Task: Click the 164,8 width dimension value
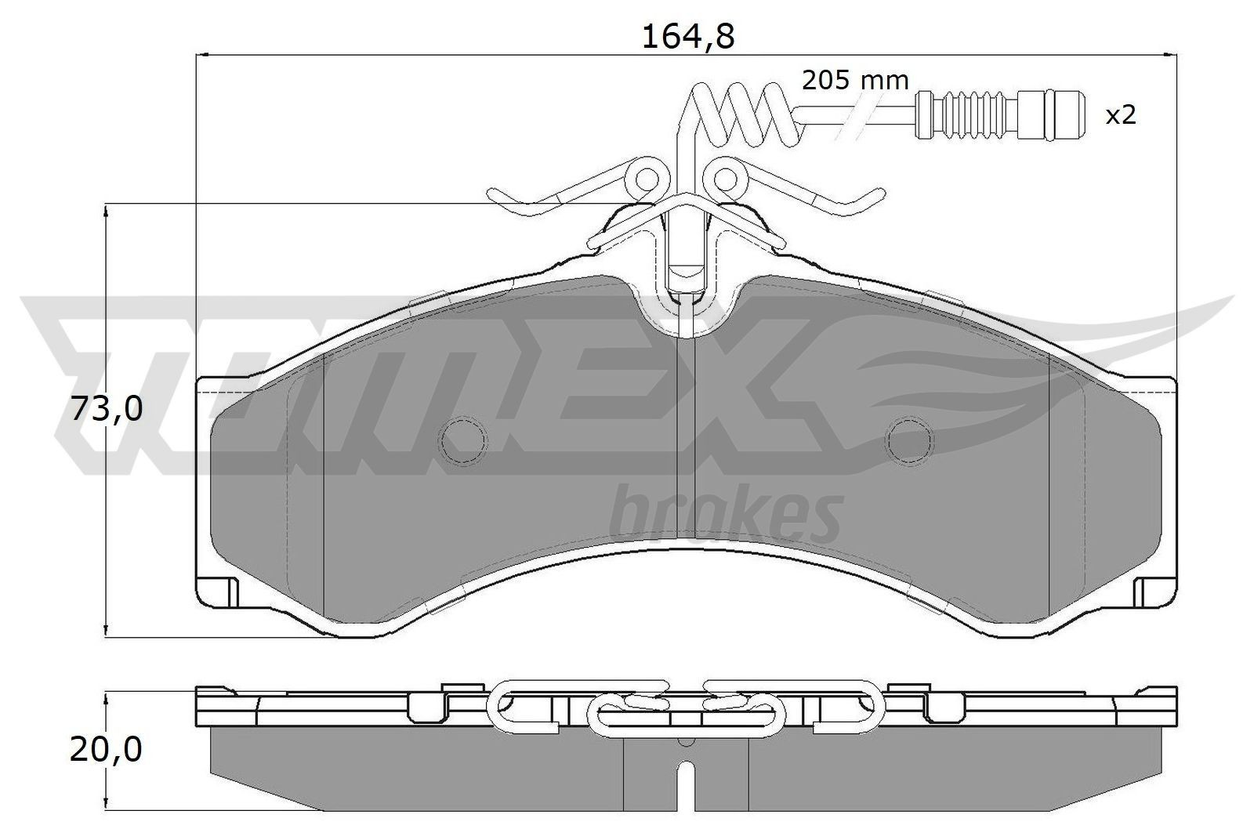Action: coord(687,36)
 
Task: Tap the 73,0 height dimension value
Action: coord(107,408)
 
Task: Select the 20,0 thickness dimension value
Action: coord(106,750)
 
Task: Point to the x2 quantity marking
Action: coord(1120,116)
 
